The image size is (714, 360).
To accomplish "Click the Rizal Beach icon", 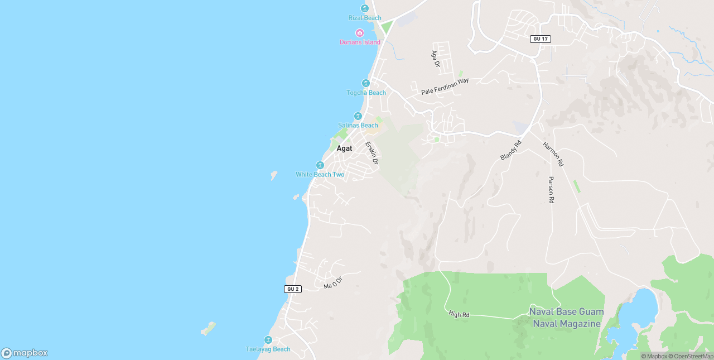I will [365, 8].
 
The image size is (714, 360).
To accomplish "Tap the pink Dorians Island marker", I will [360, 33].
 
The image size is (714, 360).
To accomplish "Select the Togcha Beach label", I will [366, 93].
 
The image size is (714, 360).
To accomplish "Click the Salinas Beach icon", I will [358, 116].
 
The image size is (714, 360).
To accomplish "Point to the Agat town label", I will [344, 148].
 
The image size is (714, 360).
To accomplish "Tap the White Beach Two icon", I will [320, 165].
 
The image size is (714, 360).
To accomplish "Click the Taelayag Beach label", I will [268, 349].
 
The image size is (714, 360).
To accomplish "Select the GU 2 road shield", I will [292, 289].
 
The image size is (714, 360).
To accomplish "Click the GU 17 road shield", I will [541, 39].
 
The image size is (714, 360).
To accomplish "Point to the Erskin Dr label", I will [372, 153].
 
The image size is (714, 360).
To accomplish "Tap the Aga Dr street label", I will [435, 59].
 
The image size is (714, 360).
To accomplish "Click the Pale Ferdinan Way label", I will [445, 86].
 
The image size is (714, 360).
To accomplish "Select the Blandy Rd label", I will [510, 150].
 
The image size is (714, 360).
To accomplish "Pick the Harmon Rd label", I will [553, 154].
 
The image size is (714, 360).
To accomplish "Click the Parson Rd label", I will [551, 190].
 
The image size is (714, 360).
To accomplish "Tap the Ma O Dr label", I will [332, 282].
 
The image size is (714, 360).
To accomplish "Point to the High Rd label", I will [459, 315].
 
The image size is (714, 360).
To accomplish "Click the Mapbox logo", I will [25, 353].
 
